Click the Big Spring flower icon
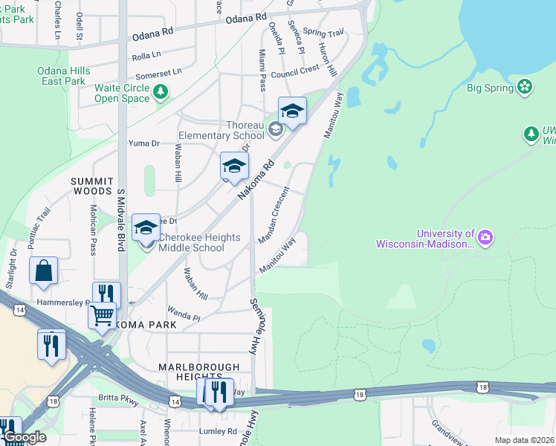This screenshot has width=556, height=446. tap(526, 87)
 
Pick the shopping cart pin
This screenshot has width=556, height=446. tap(102, 315)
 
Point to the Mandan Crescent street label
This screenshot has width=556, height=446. tap(274, 215)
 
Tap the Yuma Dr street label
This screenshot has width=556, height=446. tap(144, 143)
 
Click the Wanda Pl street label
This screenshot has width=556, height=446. tap(184, 312)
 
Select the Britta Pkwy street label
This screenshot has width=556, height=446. tap(119, 398)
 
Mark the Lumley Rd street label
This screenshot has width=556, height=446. tap(217, 431)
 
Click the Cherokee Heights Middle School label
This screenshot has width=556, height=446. tap(200, 242)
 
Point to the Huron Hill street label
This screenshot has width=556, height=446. tap(328, 59)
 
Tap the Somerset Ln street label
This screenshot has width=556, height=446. tap(158, 74)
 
